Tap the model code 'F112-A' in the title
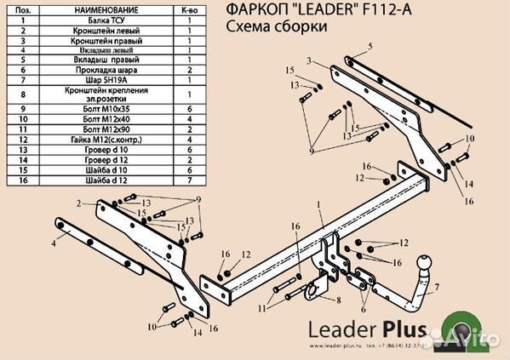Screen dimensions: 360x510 coord(367,9)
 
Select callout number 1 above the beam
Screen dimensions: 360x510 coord(318,205)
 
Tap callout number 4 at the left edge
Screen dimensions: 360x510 coord(53,243)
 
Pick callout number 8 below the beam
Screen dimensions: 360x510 coord(338,300)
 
